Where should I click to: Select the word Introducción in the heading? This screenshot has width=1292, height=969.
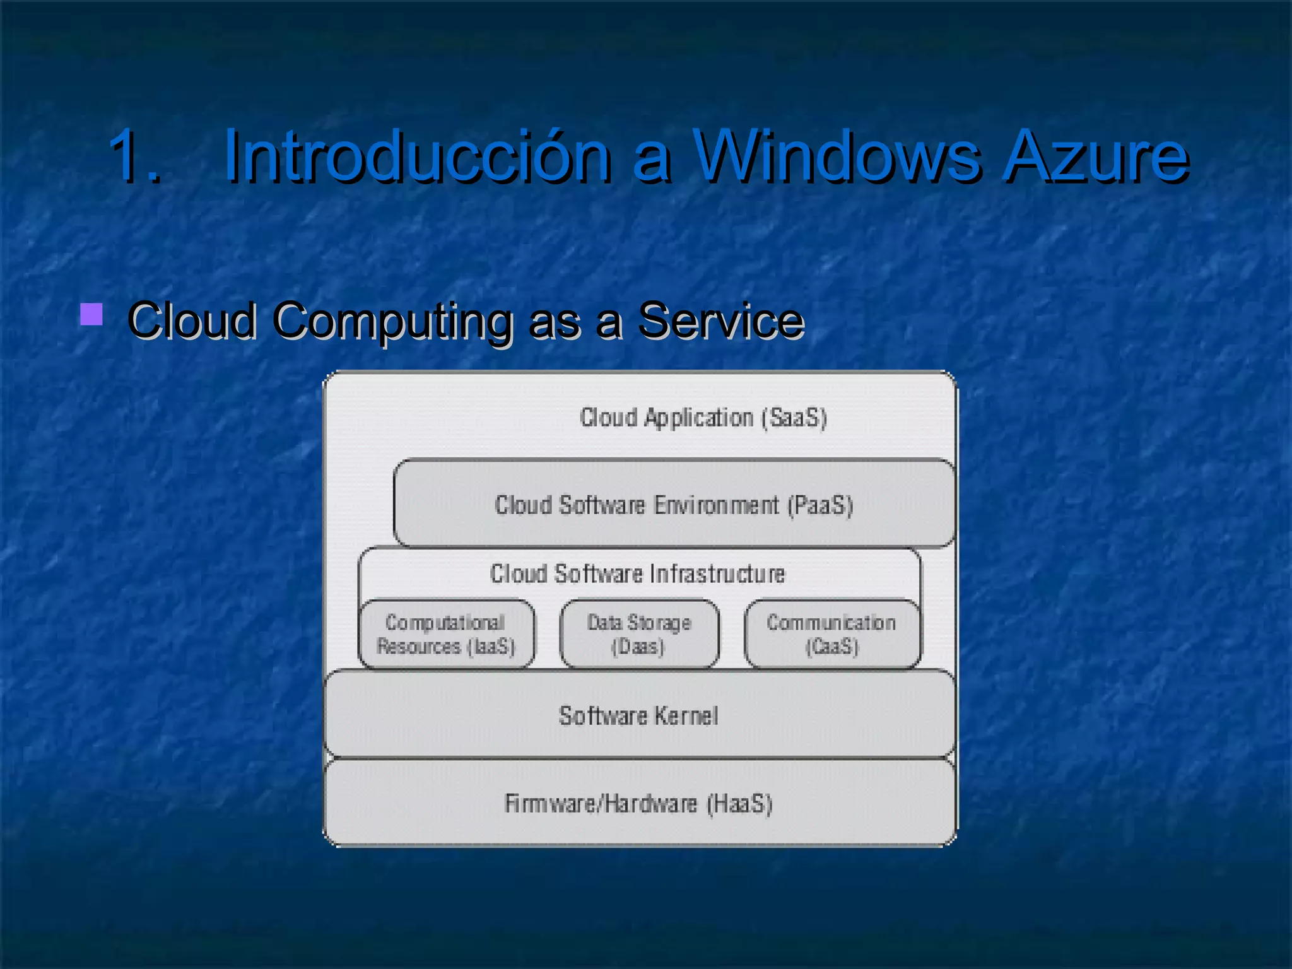417,156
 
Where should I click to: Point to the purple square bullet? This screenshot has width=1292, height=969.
92,314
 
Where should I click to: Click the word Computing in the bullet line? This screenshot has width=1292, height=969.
392,321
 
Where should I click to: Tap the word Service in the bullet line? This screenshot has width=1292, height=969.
721,320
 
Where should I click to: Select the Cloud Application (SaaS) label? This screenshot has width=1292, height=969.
703,418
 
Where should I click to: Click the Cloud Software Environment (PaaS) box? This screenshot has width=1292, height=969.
674,504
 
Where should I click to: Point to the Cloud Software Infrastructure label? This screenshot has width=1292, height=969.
637,573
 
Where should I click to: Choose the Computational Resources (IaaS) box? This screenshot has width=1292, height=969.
446,634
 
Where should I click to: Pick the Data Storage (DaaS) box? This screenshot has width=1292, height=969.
639,634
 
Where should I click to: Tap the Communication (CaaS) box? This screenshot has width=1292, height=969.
831,634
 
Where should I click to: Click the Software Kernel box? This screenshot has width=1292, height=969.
638,715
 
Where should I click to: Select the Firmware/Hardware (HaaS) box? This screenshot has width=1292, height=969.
638,803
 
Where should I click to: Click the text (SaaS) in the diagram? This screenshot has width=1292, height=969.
794,418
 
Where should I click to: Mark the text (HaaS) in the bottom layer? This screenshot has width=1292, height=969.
739,804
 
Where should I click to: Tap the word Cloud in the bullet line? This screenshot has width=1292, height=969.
192,320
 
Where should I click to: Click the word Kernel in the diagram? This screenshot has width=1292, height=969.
686,715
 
